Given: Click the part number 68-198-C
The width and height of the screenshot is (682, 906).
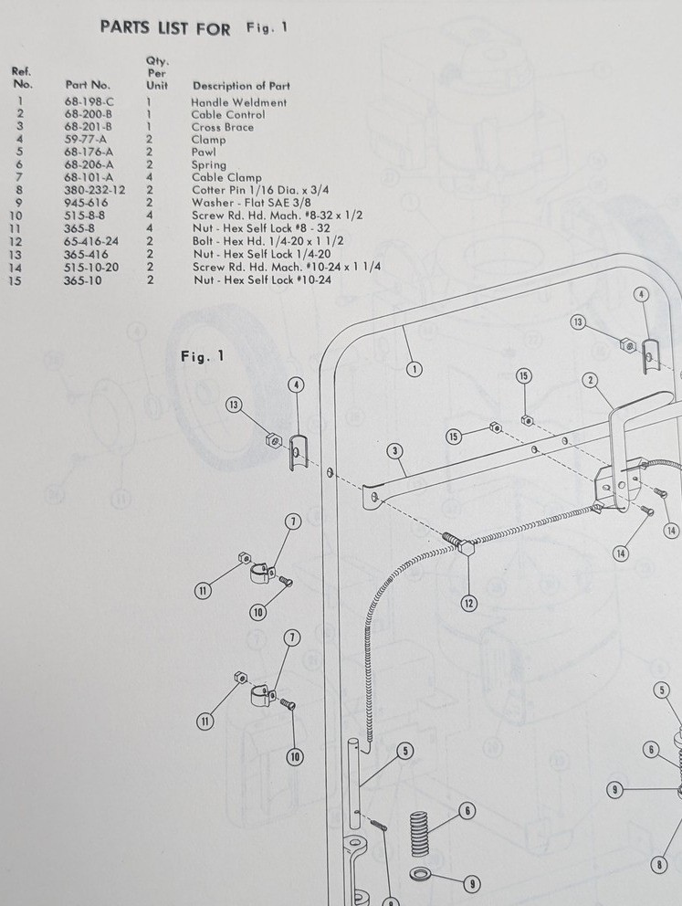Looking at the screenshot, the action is click(x=89, y=101).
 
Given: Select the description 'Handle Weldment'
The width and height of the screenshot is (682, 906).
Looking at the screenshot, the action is click(x=239, y=102).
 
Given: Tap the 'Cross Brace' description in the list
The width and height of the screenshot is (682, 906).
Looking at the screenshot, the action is click(x=223, y=127).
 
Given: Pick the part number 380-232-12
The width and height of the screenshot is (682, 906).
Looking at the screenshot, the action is click(x=94, y=190).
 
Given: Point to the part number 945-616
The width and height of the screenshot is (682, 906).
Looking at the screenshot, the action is click(x=86, y=203).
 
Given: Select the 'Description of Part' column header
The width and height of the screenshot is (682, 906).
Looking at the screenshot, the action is click(x=241, y=86).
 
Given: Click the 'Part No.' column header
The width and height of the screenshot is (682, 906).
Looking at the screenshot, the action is click(x=88, y=85).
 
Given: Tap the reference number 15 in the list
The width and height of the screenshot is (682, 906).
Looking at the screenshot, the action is click(x=15, y=281).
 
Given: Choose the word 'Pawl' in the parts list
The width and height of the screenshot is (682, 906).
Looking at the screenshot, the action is click(x=204, y=152).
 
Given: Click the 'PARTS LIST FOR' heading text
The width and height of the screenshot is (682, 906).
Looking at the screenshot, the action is click(x=165, y=27).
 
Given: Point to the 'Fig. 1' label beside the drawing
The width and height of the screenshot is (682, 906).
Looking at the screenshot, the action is click(x=202, y=356).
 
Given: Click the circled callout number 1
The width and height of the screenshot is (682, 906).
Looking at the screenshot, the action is click(x=414, y=369).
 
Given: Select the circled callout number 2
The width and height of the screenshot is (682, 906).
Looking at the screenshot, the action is click(x=590, y=380).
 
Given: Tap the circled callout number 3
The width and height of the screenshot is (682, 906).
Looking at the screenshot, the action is click(x=395, y=451).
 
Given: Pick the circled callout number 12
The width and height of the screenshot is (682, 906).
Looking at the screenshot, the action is click(x=469, y=603).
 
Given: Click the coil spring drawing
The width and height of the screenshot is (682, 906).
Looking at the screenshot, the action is click(x=420, y=834).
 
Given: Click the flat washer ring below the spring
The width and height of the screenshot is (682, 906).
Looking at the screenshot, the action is click(x=420, y=874).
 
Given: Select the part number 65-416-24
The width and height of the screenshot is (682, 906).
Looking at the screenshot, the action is click(x=91, y=241).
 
